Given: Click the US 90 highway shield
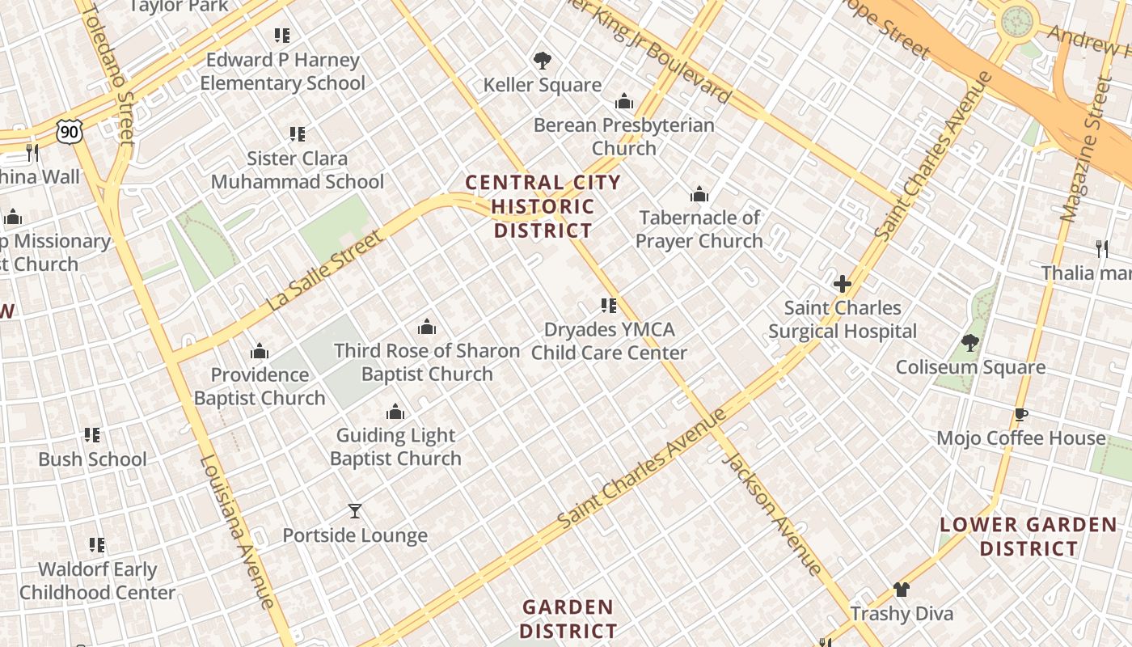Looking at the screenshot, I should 70,132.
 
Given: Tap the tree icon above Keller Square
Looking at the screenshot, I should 542,60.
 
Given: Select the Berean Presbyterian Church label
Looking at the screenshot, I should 623,137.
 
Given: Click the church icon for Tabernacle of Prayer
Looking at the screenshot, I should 699,194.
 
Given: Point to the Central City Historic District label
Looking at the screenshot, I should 543,207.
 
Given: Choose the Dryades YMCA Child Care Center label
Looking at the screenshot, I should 609,341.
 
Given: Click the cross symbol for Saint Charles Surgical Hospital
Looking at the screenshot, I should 843,284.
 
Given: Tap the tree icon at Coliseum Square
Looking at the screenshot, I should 970,343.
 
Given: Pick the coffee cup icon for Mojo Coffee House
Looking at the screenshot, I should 1020,415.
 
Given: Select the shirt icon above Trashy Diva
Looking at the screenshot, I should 902,590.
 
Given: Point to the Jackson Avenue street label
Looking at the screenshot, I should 771,514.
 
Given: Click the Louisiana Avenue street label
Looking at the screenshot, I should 238,531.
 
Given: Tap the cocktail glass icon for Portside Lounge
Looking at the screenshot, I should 354,511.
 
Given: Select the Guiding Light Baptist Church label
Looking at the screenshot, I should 395,447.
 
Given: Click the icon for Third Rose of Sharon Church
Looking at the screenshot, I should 427,327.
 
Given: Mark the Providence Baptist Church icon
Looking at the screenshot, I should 260,351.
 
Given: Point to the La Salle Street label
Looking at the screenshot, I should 324,271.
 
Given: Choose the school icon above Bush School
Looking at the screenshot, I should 92,435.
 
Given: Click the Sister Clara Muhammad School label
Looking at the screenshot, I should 298,170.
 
